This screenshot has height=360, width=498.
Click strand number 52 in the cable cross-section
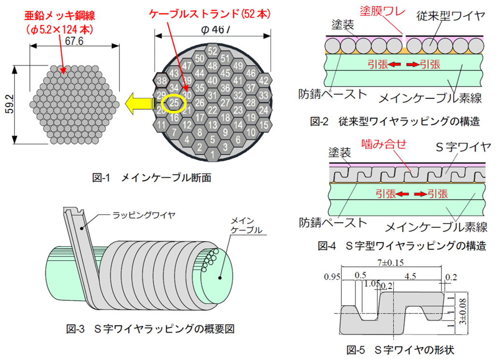pyautogui.click(x=212, y=51)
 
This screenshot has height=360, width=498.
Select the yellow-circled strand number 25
pyautogui.click(x=175, y=103)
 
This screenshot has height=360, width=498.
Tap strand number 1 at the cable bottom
pyautogui.click(x=212, y=154)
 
